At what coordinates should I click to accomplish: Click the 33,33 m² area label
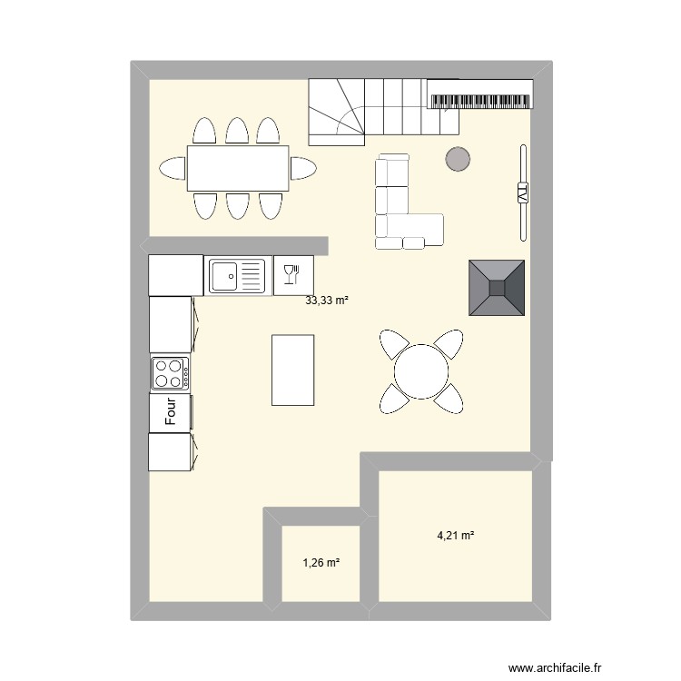[x=327, y=301]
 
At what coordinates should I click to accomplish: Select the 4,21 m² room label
[x=456, y=536]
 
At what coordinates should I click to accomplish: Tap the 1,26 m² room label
[x=321, y=563]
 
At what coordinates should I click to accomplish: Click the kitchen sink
[x=237, y=274]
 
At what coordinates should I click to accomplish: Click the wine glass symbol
[x=291, y=274]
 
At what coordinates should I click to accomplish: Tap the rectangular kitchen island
[x=293, y=370]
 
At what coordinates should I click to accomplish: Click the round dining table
[x=420, y=370]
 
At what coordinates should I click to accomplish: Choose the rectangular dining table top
[x=238, y=168]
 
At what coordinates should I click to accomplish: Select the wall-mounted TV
[x=522, y=192]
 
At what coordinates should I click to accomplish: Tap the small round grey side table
[x=458, y=160]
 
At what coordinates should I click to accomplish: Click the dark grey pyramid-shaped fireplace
[x=497, y=288]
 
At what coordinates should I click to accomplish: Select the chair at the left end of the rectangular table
[x=173, y=168]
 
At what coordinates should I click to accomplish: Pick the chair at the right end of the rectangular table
[x=303, y=168]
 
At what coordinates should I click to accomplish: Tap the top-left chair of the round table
[x=393, y=344]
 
